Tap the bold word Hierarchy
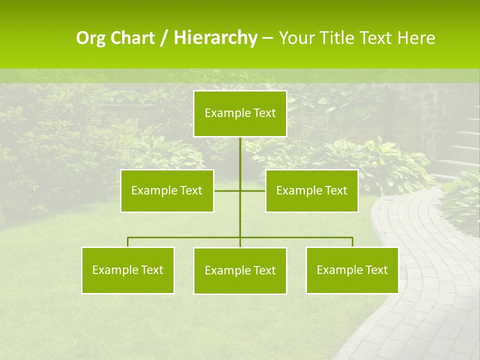coord(215,37)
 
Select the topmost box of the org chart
coord(240,113)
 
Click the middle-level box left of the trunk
coord(167,190)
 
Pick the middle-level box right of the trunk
coord(311,190)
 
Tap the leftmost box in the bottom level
coord(128,270)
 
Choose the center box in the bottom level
coord(240,270)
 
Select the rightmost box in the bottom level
coord(352,270)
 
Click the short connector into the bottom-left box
coord(128,242)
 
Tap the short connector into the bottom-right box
coord(352,242)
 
